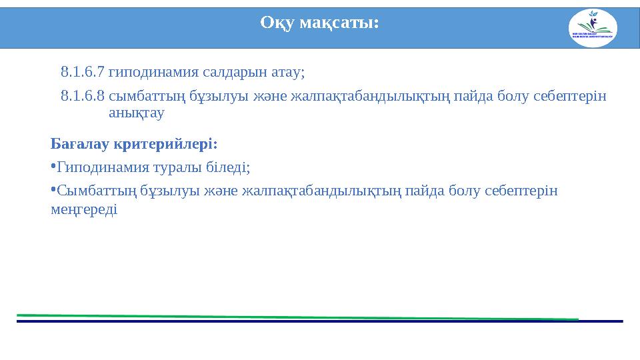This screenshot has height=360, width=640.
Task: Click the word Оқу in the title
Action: [277, 23]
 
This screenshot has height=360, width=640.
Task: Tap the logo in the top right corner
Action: [593, 29]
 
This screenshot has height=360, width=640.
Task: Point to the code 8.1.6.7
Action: [82, 71]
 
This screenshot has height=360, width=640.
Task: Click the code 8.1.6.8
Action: [82, 97]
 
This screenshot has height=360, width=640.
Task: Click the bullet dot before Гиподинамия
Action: [53, 165]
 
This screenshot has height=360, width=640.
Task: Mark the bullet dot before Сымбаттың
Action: [53, 189]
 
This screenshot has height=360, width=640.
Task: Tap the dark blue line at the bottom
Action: [320, 321]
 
